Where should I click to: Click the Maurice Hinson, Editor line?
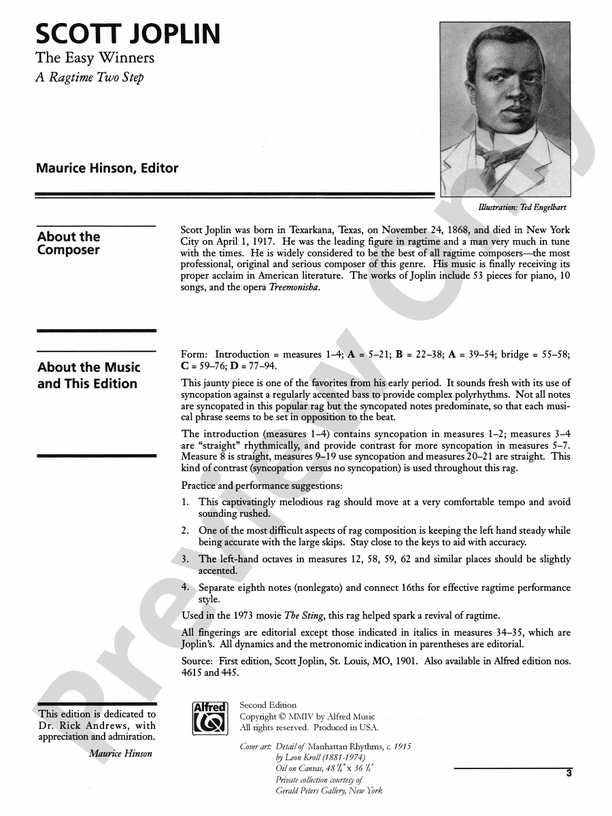point(120,169)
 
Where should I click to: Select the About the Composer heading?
point(68,243)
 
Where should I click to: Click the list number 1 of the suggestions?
point(185,501)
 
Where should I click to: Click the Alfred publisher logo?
point(210,719)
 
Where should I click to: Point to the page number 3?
point(567,773)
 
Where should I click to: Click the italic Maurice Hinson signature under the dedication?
point(120,753)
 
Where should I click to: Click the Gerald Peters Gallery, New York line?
point(329,790)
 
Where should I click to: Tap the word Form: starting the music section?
point(194,354)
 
